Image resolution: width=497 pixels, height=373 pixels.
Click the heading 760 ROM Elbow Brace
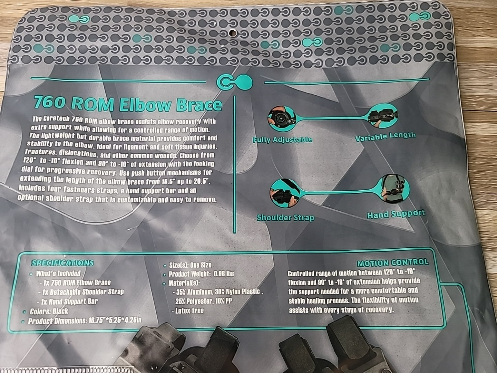pos(128,104)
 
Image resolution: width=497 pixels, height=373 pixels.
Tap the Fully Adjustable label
pos(283,139)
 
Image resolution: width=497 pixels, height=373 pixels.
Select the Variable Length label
pos(385,136)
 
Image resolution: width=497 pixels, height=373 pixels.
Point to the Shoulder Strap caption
pos(285,218)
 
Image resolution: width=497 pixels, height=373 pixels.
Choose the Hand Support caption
pos(396,214)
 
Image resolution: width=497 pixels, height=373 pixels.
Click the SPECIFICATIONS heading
pos(62,263)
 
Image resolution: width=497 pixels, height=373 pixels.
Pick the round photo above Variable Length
pos(383,116)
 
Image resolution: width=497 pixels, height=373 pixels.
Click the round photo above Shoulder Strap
pos(284,193)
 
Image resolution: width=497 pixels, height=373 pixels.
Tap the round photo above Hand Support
pos(395,189)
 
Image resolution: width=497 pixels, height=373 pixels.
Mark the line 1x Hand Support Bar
pos(67,302)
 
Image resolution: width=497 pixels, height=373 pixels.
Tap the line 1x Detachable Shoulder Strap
pos(81,292)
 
